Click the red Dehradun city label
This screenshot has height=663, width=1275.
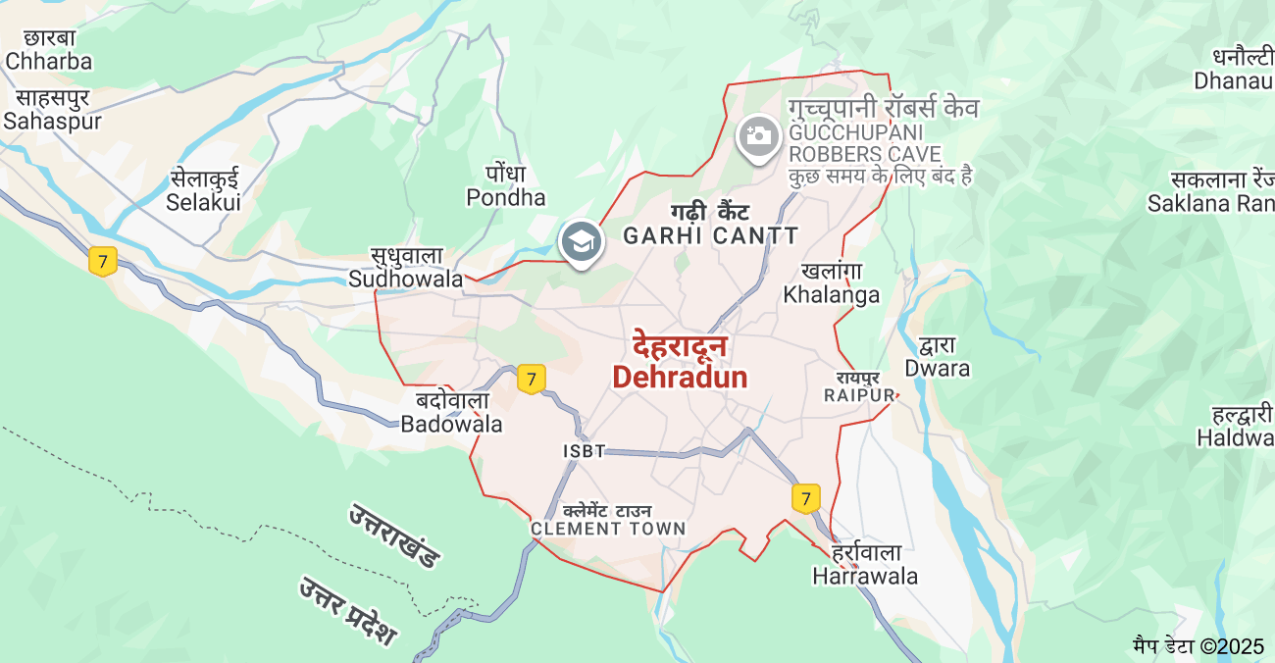point(680,363)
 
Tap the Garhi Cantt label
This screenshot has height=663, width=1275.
point(711,225)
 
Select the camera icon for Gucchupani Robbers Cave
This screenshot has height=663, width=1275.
point(758,135)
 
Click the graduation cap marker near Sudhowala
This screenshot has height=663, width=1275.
point(580,240)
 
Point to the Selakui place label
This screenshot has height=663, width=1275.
point(203,190)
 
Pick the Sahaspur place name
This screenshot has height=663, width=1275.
point(52,109)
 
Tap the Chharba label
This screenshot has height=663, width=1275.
point(48,49)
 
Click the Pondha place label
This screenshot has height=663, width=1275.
point(505,185)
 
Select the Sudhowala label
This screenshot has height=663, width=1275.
point(405,267)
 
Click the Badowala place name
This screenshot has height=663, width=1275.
point(451,412)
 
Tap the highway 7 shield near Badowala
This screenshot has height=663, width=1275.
point(531,379)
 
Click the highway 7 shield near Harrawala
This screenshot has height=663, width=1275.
point(805,498)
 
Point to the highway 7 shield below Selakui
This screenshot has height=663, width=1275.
point(103,262)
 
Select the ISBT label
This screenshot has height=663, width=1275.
point(584,451)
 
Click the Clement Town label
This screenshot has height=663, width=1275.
point(608,520)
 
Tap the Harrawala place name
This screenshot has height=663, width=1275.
point(865,565)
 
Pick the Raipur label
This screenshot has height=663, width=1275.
point(859,386)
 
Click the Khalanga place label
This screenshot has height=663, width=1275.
point(831,282)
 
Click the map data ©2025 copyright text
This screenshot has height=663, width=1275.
point(1198,646)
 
